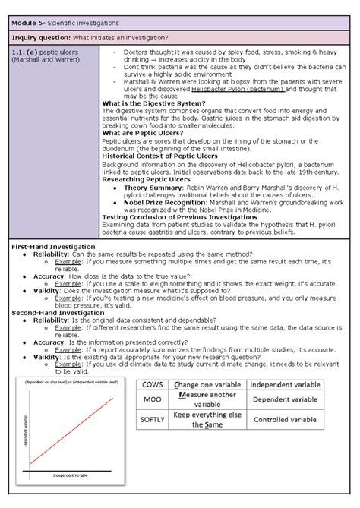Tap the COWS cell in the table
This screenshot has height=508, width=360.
[x=150, y=384]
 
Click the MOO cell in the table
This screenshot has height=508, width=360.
[x=150, y=399]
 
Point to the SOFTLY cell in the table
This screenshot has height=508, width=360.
[x=150, y=418]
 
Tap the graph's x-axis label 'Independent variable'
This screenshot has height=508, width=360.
[x=70, y=475]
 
